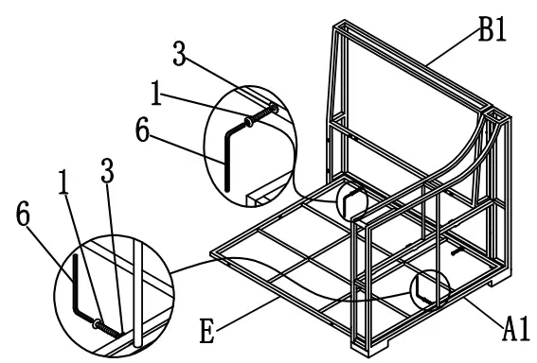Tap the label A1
point(516,329)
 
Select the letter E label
point(206,331)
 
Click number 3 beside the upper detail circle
point(179,53)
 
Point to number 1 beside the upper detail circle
point(156,93)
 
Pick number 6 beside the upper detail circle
point(142,130)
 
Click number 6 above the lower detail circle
point(23,214)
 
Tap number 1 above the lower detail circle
point(63,182)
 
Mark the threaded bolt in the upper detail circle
point(261,115)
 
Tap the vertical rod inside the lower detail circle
point(138,293)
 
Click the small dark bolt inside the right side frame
point(457,251)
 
